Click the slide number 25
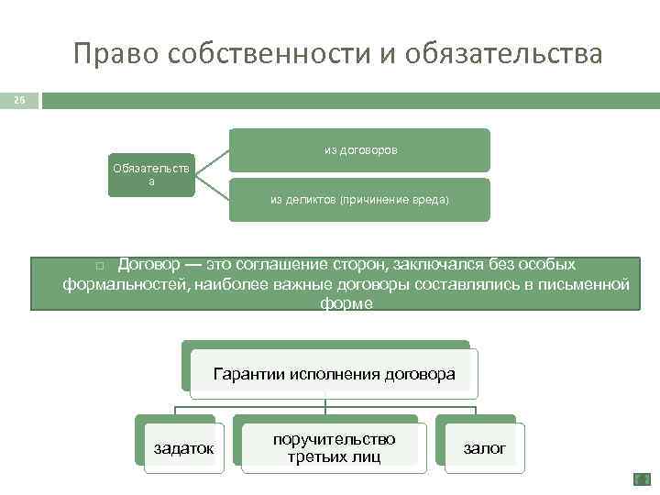click(x=19, y=99)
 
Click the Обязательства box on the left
click(x=151, y=174)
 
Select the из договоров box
click(x=359, y=149)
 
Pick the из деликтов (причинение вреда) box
click(x=359, y=199)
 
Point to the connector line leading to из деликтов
click(x=212, y=187)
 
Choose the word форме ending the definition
click(x=346, y=303)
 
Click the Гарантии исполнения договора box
click(x=334, y=374)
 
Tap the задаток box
click(x=183, y=447)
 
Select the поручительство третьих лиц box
click(x=334, y=447)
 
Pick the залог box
click(x=484, y=447)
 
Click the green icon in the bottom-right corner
click(x=642, y=479)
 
